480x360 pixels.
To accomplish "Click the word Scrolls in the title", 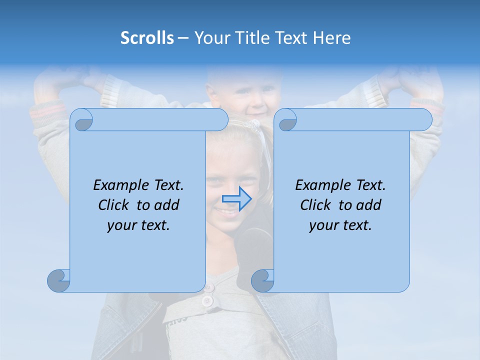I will tap(147, 38).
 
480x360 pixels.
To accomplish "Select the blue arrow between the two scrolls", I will tap(236, 199).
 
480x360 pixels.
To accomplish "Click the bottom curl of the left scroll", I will tap(58, 281).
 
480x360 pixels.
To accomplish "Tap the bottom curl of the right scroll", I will tap(262, 281).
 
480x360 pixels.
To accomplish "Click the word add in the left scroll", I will tap(166, 205).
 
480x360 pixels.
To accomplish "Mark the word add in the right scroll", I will tap(368, 205).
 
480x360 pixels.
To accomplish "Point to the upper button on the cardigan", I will tap(209, 287).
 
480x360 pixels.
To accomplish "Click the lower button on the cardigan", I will tap(207, 301).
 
